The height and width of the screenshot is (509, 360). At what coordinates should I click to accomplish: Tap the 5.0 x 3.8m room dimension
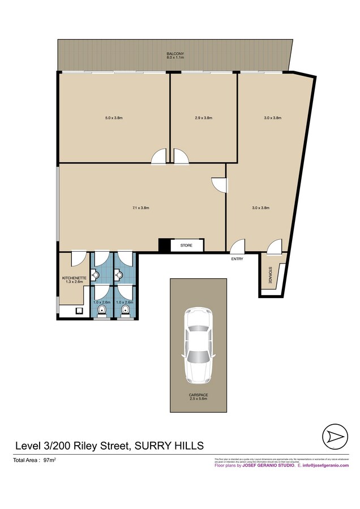click(114, 118)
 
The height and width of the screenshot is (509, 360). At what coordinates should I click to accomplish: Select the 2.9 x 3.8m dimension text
click(203, 118)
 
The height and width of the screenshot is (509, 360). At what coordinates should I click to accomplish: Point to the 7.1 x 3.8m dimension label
click(140, 208)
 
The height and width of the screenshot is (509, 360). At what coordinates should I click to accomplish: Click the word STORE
click(186, 246)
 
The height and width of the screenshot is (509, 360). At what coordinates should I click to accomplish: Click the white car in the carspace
click(199, 344)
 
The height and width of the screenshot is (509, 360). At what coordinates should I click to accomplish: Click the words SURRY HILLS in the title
click(170, 445)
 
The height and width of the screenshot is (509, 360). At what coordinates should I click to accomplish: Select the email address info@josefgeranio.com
click(327, 465)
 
